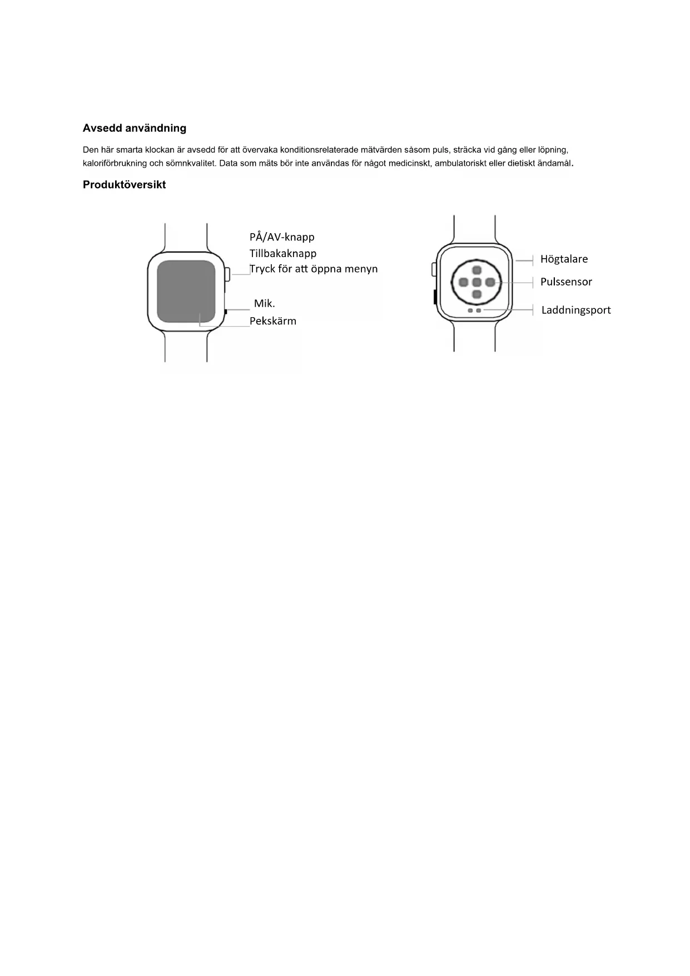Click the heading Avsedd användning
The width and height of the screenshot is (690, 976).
(x=135, y=129)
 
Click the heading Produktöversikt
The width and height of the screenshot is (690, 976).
(x=124, y=185)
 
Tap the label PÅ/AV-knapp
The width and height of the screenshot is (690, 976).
(x=282, y=237)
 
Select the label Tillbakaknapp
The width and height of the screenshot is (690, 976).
(x=283, y=254)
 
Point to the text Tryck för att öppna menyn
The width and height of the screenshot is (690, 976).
(x=314, y=269)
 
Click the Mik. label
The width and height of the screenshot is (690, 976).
(x=265, y=304)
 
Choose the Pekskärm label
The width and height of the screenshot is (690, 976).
(x=273, y=321)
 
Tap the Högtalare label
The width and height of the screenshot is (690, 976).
(x=564, y=259)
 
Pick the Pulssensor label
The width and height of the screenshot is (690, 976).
(x=566, y=282)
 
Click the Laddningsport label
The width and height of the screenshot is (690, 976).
(x=576, y=310)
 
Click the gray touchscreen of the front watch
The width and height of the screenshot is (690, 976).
(x=186, y=291)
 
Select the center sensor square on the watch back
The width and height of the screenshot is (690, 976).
(x=476, y=283)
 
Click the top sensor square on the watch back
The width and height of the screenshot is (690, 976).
(x=476, y=270)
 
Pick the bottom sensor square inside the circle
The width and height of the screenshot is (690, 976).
(x=476, y=294)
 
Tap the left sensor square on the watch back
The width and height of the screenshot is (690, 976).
(x=463, y=283)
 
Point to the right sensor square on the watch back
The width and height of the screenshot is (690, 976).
(x=489, y=283)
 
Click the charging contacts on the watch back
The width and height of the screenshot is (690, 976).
(x=474, y=310)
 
